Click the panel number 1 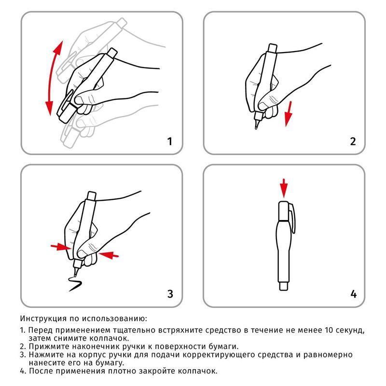(169, 141)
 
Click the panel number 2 (353, 141)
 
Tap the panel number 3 (169, 294)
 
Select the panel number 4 (353, 294)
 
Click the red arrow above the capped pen (284, 187)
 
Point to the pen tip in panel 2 (255, 126)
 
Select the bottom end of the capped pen (284, 287)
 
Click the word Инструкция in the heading (41, 319)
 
